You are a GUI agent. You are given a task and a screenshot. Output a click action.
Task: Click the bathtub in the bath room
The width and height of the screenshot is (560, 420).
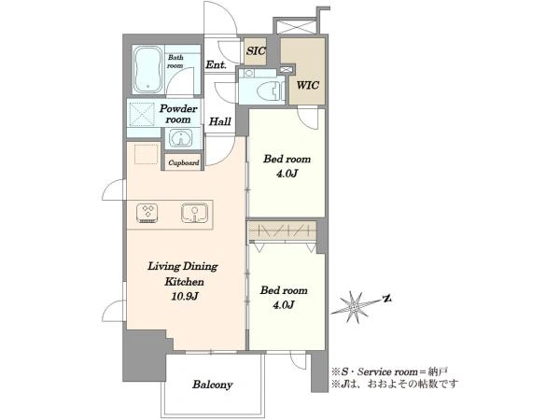click(148, 69)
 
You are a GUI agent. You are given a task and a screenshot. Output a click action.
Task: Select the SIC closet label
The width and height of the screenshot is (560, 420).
click(256, 51)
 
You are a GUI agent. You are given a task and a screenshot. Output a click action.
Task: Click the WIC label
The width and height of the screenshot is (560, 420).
click(307, 85)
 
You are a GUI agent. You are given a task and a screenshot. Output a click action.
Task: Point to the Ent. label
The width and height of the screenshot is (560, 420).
click(217, 64)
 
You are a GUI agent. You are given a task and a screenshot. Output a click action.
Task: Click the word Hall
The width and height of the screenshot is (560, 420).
click(220, 121)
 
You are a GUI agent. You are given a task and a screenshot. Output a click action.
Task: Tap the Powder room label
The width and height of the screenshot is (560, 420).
click(178, 114)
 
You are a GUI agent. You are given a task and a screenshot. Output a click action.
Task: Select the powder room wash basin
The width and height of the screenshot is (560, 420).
click(181, 138)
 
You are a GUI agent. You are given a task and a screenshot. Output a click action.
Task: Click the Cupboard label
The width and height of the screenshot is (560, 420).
click(184, 162)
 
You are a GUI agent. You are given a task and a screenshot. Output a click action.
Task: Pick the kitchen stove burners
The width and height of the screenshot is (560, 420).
click(147, 213)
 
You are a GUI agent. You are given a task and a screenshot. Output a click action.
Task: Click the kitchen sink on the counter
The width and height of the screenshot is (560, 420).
click(194, 213)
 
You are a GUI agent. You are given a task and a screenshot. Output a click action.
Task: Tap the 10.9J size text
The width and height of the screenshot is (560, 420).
click(185, 296)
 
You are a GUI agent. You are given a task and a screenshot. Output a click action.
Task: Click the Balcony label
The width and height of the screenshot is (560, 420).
click(213, 385)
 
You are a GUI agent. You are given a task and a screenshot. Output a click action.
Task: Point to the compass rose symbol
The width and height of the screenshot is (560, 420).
click(354, 307)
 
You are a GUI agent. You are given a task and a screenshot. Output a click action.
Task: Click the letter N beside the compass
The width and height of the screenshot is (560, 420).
click(386, 299)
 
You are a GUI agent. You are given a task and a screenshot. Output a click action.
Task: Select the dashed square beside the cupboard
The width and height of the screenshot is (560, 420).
click(147, 154)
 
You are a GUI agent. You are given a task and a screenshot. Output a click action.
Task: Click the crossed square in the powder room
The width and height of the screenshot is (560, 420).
click(142, 114)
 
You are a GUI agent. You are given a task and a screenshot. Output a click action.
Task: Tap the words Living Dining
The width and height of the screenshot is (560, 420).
click(183, 266)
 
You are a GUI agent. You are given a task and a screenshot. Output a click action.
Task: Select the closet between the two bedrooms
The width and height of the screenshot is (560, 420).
click(283, 231)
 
